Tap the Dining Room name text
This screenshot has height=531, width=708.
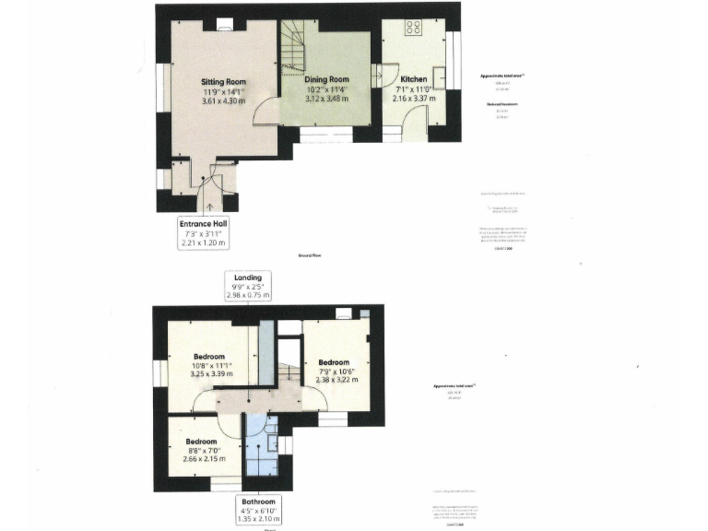tap(326, 80)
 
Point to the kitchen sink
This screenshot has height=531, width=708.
tap(439, 77)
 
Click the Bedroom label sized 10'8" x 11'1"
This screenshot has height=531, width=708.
tap(211, 356)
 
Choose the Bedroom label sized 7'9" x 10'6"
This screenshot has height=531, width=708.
tap(334, 362)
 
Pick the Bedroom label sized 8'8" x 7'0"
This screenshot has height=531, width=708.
tap(200, 442)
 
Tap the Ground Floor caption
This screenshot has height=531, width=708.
tap(308, 254)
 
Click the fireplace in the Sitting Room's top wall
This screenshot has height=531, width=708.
tap(224, 25)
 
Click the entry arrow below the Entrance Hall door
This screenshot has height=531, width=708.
tap(211, 206)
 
